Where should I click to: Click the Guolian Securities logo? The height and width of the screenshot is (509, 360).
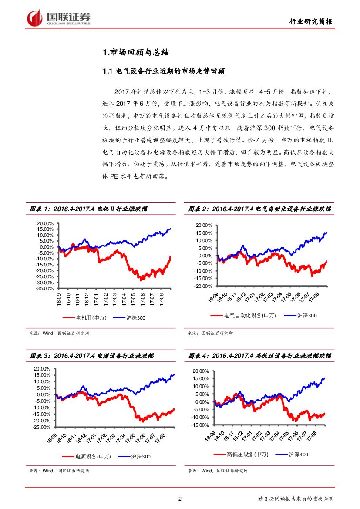click(58, 18)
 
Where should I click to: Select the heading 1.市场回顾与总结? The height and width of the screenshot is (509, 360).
click(135, 53)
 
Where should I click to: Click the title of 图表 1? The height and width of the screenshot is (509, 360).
click(88, 209)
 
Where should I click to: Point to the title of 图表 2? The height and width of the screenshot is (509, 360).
click(259, 209)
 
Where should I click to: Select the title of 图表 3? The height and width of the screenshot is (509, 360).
click(91, 356)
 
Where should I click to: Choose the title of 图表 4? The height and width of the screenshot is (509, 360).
click(259, 356)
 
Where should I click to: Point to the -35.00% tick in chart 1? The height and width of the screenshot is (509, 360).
click(44, 288)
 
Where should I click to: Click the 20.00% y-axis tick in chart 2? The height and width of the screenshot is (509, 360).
click(205, 225)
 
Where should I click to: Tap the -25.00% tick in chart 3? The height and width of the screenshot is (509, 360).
click(42, 427)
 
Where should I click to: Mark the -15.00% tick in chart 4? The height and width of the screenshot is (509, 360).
click(202, 425)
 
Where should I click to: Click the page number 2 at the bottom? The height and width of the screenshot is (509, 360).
click(180, 499)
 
